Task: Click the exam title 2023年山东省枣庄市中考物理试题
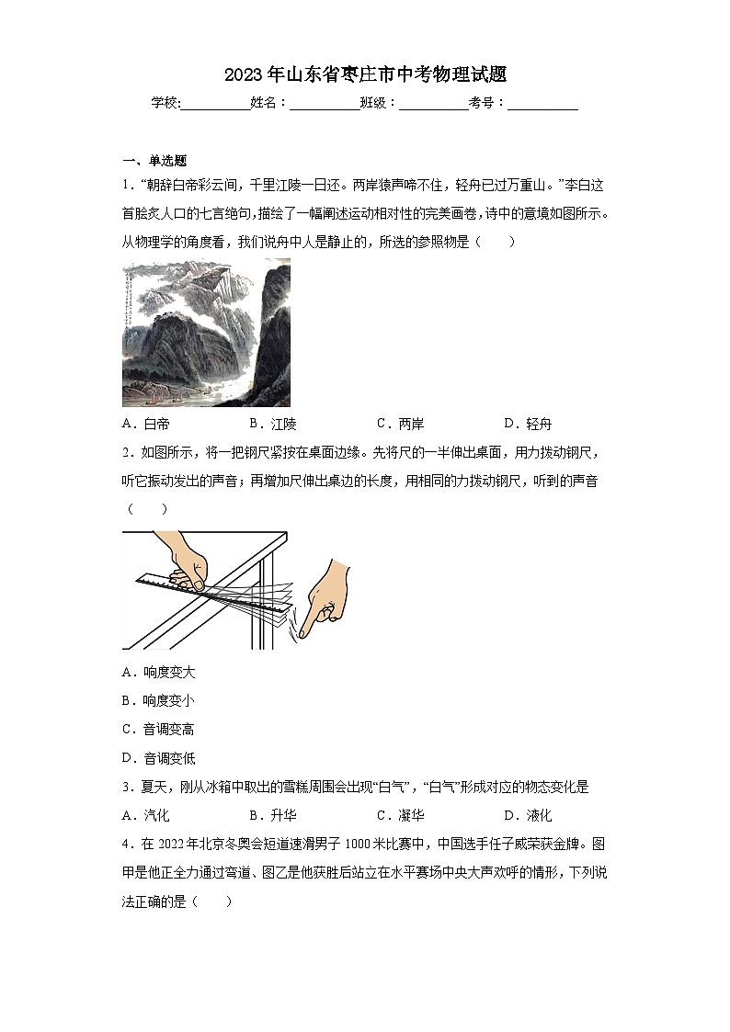[x=365, y=74]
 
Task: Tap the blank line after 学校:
[x=215, y=104]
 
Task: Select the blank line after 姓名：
[x=325, y=104]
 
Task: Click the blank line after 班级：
[x=433, y=104]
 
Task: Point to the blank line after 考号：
[x=542, y=104]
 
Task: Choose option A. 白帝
[x=145, y=424]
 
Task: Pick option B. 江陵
[x=273, y=424]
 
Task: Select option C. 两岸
[x=400, y=424]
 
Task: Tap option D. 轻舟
[x=528, y=424]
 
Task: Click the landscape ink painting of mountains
[x=206, y=333]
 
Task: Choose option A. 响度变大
[x=158, y=673]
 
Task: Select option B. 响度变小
[x=158, y=701]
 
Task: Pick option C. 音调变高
[x=158, y=730]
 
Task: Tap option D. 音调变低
[x=158, y=758]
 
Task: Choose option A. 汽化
[x=145, y=815]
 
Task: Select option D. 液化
[x=528, y=815]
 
